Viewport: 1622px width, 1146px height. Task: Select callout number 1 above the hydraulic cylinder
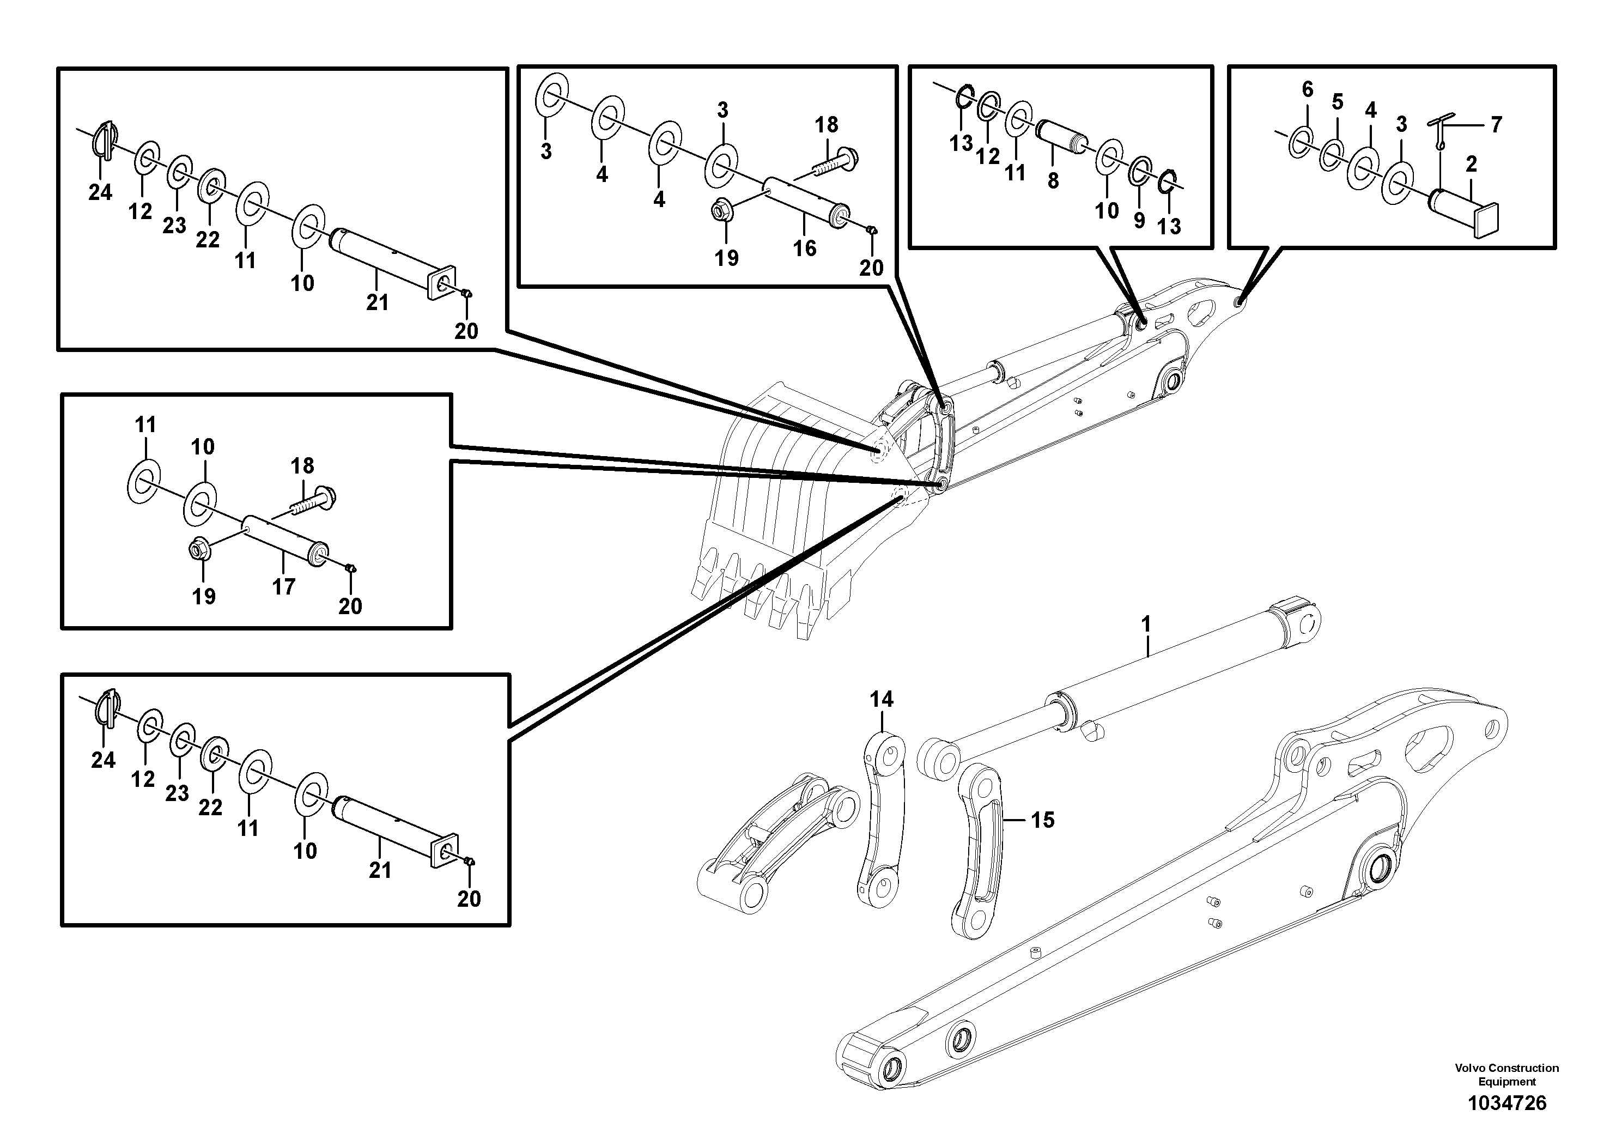1146,624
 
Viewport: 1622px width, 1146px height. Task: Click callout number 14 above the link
882,700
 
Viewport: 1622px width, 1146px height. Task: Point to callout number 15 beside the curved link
1042,820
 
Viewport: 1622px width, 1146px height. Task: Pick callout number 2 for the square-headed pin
1472,165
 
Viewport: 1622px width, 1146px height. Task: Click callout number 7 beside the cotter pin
1496,125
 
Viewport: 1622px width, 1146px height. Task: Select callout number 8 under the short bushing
1053,181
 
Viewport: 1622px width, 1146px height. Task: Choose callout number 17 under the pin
283,586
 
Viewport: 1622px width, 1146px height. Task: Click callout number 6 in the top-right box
1307,90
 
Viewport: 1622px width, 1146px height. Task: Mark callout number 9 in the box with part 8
1139,221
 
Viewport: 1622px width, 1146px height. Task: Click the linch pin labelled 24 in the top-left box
103,136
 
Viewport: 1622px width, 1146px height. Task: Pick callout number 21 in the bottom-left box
379,870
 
